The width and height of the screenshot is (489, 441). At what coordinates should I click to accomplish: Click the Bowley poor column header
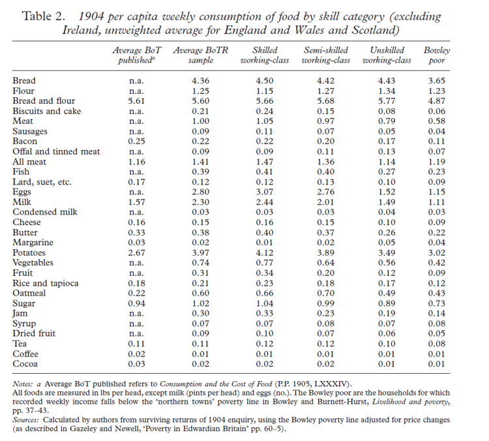pos(437,55)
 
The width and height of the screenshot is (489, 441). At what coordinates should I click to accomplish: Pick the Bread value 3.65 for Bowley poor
pos(437,81)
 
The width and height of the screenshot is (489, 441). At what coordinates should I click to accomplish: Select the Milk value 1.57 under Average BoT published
pos(140,202)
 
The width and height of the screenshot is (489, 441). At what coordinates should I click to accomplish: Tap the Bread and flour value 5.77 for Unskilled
pos(387,101)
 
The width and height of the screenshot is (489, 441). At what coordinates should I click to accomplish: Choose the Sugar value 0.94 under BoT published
pos(140,303)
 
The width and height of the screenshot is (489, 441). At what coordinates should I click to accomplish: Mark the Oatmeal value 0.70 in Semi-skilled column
pos(325,293)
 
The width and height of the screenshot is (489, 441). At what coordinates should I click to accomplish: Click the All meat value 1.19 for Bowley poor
pos(437,162)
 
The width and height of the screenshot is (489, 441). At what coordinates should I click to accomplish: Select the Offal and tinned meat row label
pos(56,151)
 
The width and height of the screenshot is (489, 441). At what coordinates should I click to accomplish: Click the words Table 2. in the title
pos(44,16)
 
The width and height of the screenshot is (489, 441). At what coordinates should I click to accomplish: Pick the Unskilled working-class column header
pos(387,55)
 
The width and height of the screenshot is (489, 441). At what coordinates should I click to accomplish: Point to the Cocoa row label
pos(25,363)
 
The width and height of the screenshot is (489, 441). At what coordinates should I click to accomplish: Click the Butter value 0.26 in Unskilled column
pos(387,232)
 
